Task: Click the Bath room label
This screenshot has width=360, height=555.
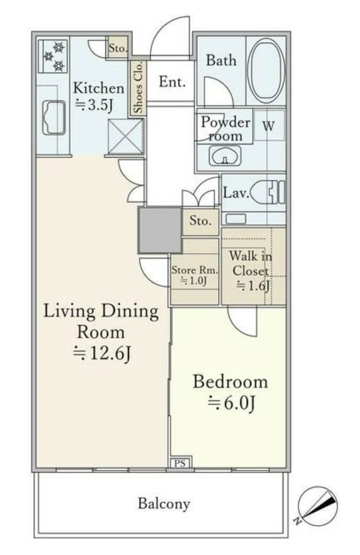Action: coord(221,61)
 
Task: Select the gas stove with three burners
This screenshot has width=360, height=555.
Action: coord(53,56)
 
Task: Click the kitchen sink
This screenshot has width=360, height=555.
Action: coord(54,118)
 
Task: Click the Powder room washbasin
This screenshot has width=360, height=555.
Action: coord(225,156)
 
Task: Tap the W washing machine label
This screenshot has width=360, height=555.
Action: coord(269,126)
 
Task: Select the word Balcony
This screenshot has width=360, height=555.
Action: coord(164,503)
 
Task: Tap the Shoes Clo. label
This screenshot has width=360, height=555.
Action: coord(138,88)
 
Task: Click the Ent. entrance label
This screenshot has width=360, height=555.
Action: coord(172,82)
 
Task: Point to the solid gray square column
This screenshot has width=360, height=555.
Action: coord(160,231)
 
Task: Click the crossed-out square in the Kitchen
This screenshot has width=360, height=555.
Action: coord(126,137)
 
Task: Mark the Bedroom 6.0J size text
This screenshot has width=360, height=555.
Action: coord(231,403)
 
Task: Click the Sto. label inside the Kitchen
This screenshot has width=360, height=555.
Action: coord(118,48)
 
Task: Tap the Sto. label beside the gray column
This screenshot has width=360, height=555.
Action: coord(200,220)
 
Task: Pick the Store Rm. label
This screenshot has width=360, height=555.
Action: coord(195,270)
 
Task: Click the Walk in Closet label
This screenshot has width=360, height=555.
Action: coord(251,263)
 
